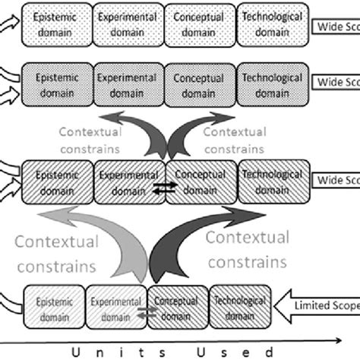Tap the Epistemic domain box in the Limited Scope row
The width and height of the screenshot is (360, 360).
coord(55,307)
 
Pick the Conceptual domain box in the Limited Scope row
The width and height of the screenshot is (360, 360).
coord(176,305)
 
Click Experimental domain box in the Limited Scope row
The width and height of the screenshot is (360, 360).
coord(115,307)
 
